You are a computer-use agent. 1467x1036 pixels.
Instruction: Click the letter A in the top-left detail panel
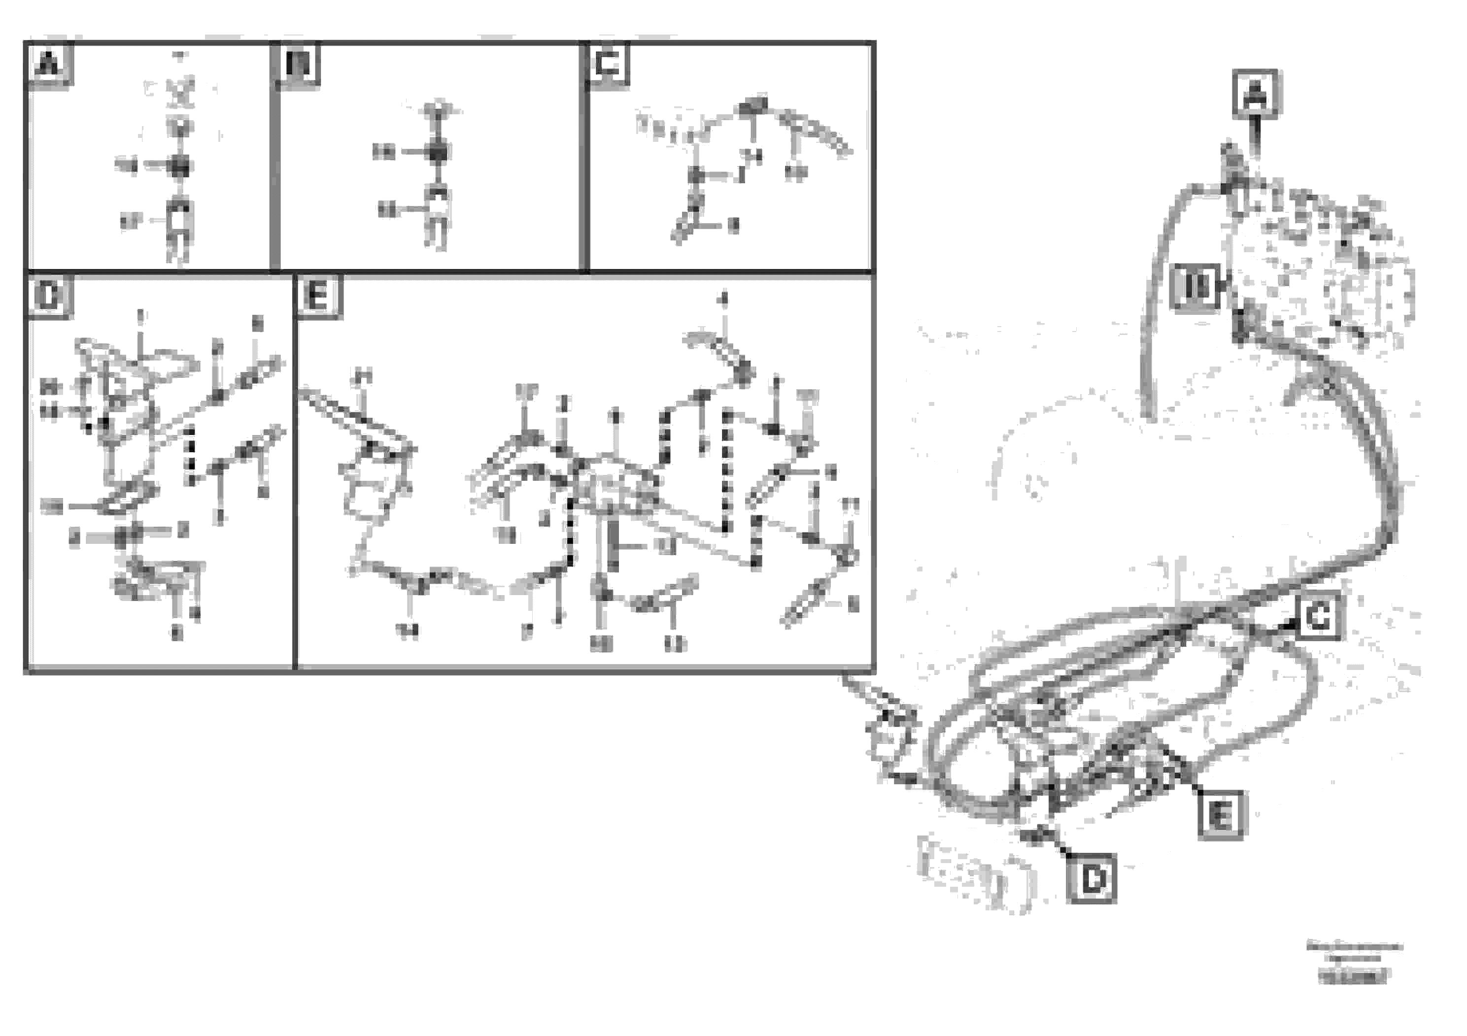(49, 64)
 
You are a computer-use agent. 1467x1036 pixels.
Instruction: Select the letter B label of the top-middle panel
(297, 64)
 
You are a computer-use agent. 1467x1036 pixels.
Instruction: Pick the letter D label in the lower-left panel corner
(49, 297)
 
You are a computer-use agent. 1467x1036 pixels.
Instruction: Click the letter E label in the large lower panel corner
(317, 297)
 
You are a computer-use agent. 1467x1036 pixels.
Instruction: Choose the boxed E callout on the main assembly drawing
(1221, 815)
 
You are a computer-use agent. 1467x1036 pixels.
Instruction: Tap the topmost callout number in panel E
(723, 299)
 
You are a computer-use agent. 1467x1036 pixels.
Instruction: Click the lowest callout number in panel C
(733, 226)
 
